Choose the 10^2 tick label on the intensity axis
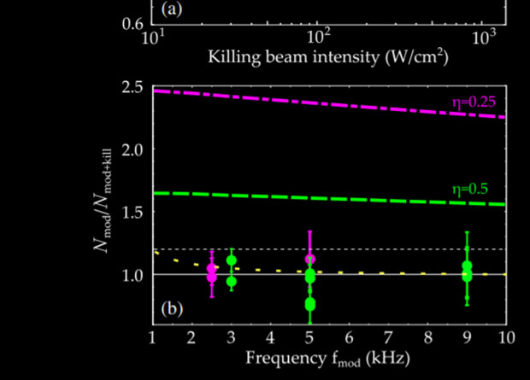coord(320,38)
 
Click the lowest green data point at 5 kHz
coord(310,304)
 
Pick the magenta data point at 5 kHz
coord(310,259)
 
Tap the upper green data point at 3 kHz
coord(231,260)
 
